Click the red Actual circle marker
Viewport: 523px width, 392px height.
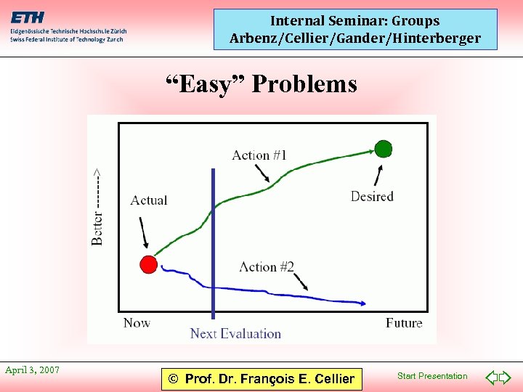pyautogui.click(x=148, y=264)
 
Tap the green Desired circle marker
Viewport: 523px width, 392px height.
pyautogui.click(x=384, y=149)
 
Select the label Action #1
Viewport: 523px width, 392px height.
pyautogui.click(x=259, y=155)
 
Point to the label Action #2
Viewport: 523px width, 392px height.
pyautogui.click(x=267, y=266)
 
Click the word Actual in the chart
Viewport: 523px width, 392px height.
pyautogui.click(x=149, y=200)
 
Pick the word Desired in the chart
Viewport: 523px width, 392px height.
pyautogui.click(x=372, y=196)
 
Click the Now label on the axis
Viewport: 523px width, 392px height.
pyautogui.click(x=137, y=323)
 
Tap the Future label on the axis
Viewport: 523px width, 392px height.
pyautogui.click(x=404, y=323)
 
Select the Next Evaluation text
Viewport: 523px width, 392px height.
pyautogui.click(x=235, y=333)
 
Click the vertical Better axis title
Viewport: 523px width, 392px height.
pyautogui.click(x=97, y=207)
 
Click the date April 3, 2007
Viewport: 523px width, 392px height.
pyautogui.click(x=32, y=370)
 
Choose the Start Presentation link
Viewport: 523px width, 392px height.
pyautogui.click(x=432, y=376)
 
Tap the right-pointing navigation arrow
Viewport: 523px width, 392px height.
pyautogui.click(x=506, y=377)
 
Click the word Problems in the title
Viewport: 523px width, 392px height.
pyautogui.click(x=304, y=84)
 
